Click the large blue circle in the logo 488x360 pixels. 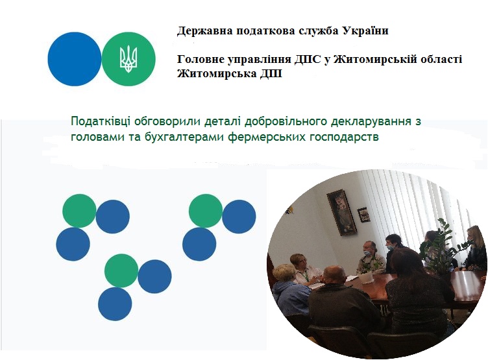click(x=75, y=59)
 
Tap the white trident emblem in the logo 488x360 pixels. click(x=128, y=59)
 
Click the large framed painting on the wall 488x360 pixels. click(x=342, y=213)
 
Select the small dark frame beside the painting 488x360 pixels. click(x=363, y=215)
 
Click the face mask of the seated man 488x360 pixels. click(x=367, y=253)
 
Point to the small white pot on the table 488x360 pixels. click(x=363, y=278)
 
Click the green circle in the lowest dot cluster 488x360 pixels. click(x=121, y=270)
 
